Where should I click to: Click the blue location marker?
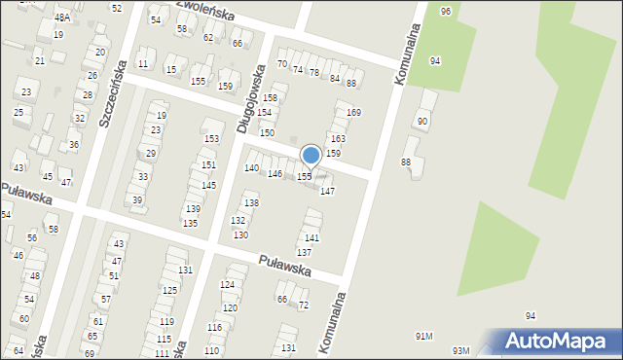click(311, 155)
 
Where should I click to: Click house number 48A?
click(62, 18)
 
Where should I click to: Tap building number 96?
click(445, 11)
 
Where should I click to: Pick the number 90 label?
click(421, 121)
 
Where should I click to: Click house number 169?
click(353, 113)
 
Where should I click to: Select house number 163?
click(338, 139)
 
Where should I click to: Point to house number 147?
click(328, 191)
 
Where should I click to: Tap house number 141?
click(311, 237)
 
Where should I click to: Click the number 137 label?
click(304, 252)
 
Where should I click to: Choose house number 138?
click(251, 202)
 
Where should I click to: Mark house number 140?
click(251, 168)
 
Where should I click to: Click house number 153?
click(211, 139)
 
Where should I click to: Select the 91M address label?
click(423, 336)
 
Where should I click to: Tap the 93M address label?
click(460, 350)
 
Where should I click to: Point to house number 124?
click(228, 284)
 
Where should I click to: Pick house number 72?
click(303, 306)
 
